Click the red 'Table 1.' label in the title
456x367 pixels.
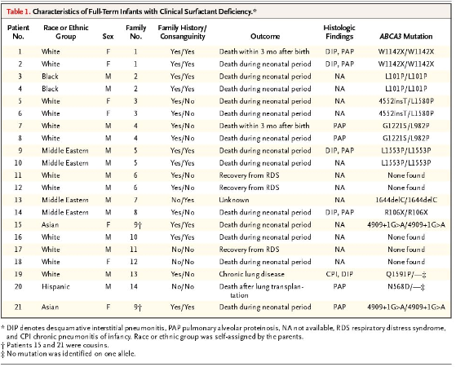click(18, 11)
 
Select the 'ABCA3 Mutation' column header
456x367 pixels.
click(405, 37)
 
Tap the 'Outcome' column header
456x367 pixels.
click(265, 37)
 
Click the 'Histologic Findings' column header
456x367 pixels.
click(339, 32)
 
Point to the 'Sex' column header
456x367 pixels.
click(108, 37)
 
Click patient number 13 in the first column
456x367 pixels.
click(18, 200)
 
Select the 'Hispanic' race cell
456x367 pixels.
click(55, 287)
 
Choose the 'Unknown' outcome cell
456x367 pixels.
click(234, 200)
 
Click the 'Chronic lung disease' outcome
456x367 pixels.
click(251, 274)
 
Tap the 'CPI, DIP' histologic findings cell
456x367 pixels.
click(339, 274)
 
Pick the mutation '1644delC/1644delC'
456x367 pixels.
click(406, 200)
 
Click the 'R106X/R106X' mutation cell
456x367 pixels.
click(406, 212)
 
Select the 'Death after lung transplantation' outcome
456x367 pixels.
click(261, 291)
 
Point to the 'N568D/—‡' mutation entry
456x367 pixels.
click(406, 287)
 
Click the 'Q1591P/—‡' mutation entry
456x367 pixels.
click(406, 274)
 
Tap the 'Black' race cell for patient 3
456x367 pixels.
click(50, 77)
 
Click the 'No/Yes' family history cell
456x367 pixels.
click(183, 200)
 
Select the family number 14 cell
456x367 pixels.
click(134, 287)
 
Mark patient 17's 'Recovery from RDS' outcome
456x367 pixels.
click(250, 250)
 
